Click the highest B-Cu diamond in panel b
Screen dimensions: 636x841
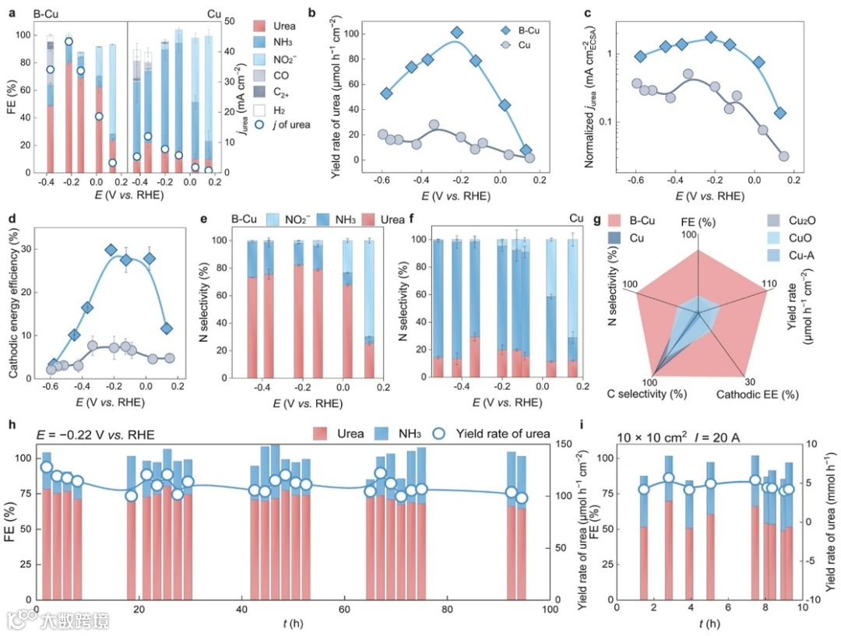(x=457, y=33)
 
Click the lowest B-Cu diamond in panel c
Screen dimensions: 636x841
(x=780, y=113)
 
